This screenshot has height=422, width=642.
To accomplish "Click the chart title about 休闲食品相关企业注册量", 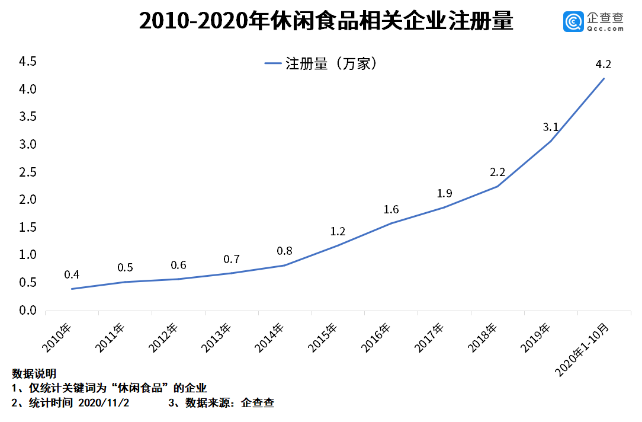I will tap(325, 22).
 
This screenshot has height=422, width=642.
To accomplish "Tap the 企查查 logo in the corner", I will tap(593, 22).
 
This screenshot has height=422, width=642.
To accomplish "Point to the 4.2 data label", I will tap(603, 65).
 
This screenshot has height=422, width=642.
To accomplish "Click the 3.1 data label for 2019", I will tap(550, 126).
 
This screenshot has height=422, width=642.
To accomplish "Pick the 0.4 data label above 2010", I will tap(72, 274).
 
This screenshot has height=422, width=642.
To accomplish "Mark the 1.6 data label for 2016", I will tap(391, 209).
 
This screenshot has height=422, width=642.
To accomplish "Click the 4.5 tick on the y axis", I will tap(28, 62).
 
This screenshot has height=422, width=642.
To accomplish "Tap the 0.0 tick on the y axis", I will tap(28, 311).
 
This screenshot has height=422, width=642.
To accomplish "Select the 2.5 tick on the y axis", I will tap(28, 172).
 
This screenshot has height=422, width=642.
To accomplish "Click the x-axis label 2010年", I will tap(57, 337).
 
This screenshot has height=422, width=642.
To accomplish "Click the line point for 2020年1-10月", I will tap(604, 78).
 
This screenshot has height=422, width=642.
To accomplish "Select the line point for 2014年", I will tap(284, 265).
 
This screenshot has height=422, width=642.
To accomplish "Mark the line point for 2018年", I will tap(497, 186).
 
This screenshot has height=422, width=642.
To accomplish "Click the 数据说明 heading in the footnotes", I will tap(34, 374).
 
